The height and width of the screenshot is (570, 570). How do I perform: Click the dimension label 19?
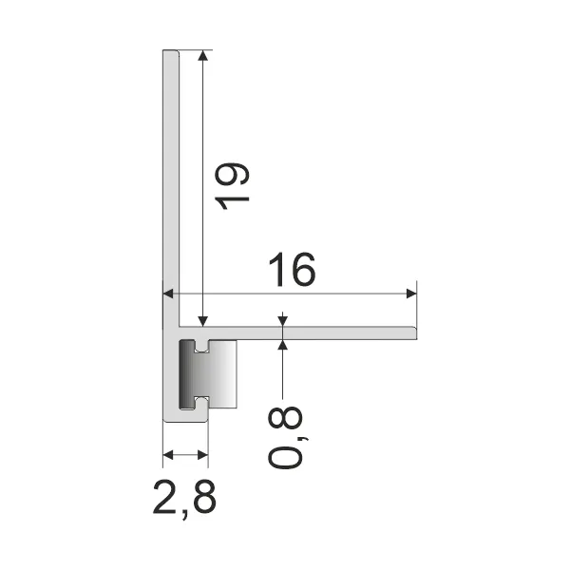tap(232, 186)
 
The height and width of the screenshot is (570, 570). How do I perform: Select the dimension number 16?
tap(293, 269)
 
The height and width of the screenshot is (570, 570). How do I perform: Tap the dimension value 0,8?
tap(285, 437)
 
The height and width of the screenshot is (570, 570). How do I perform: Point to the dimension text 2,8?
tap(184, 497)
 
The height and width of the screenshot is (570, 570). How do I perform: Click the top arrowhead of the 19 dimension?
tap(203, 55)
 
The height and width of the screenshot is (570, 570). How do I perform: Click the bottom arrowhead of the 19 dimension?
tap(203, 321)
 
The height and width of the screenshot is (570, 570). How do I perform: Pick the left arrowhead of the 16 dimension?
tap(167, 294)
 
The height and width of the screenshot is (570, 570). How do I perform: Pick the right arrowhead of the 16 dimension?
tap(411, 294)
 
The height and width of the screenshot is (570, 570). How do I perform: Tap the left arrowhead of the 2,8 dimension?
tap(167, 454)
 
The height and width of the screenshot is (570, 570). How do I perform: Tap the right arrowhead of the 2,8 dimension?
tap(203, 454)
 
